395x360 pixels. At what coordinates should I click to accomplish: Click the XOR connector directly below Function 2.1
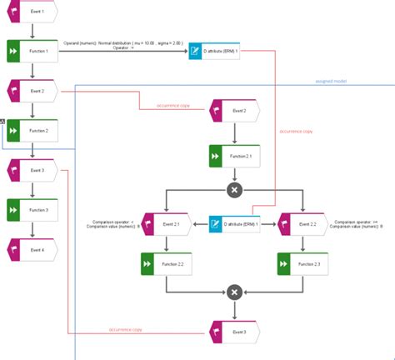click(x=235, y=191)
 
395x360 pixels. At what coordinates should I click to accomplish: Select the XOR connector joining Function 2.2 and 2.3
click(x=235, y=292)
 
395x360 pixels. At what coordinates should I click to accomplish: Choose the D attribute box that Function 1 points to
click(x=215, y=52)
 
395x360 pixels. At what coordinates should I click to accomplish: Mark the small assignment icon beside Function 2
click(x=2, y=122)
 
